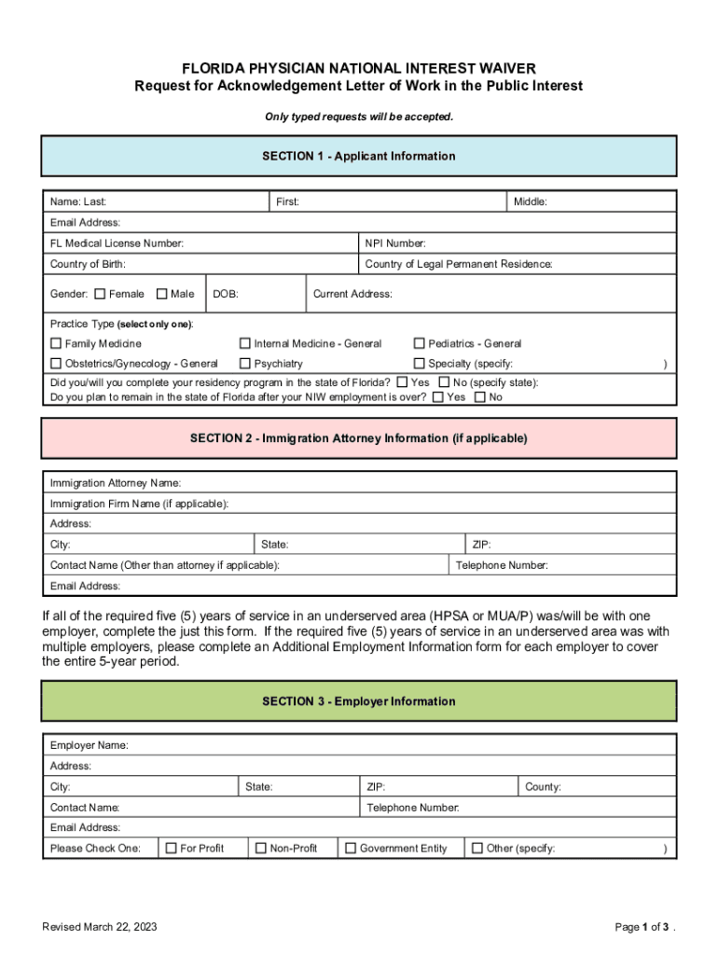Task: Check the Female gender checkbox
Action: [x=100, y=294]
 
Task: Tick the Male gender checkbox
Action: [x=162, y=294]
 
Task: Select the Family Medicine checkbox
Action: [x=56, y=343]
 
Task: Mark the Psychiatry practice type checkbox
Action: [x=246, y=364]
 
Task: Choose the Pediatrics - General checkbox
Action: [x=420, y=343]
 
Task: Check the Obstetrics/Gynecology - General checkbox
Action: [x=56, y=364]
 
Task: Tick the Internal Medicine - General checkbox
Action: [x=246, y=343]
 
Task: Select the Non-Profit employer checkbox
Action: [x=261, y=848]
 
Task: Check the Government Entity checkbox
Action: [x=351, y=848]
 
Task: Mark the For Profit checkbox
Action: [x=171, y=848]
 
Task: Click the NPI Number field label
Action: [x=395, y=243]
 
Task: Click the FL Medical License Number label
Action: [x=117, y=243]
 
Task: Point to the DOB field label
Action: [x=226, y=294]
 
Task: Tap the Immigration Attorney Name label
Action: [x=115, y=483]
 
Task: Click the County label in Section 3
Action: [x=543, y=786]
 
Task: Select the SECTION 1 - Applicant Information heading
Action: [x=359, y=156]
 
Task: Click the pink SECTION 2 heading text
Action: [x=359, y=437]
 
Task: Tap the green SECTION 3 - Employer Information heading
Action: [x=359, y=701]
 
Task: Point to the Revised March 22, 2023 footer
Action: [x=100, y=926]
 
